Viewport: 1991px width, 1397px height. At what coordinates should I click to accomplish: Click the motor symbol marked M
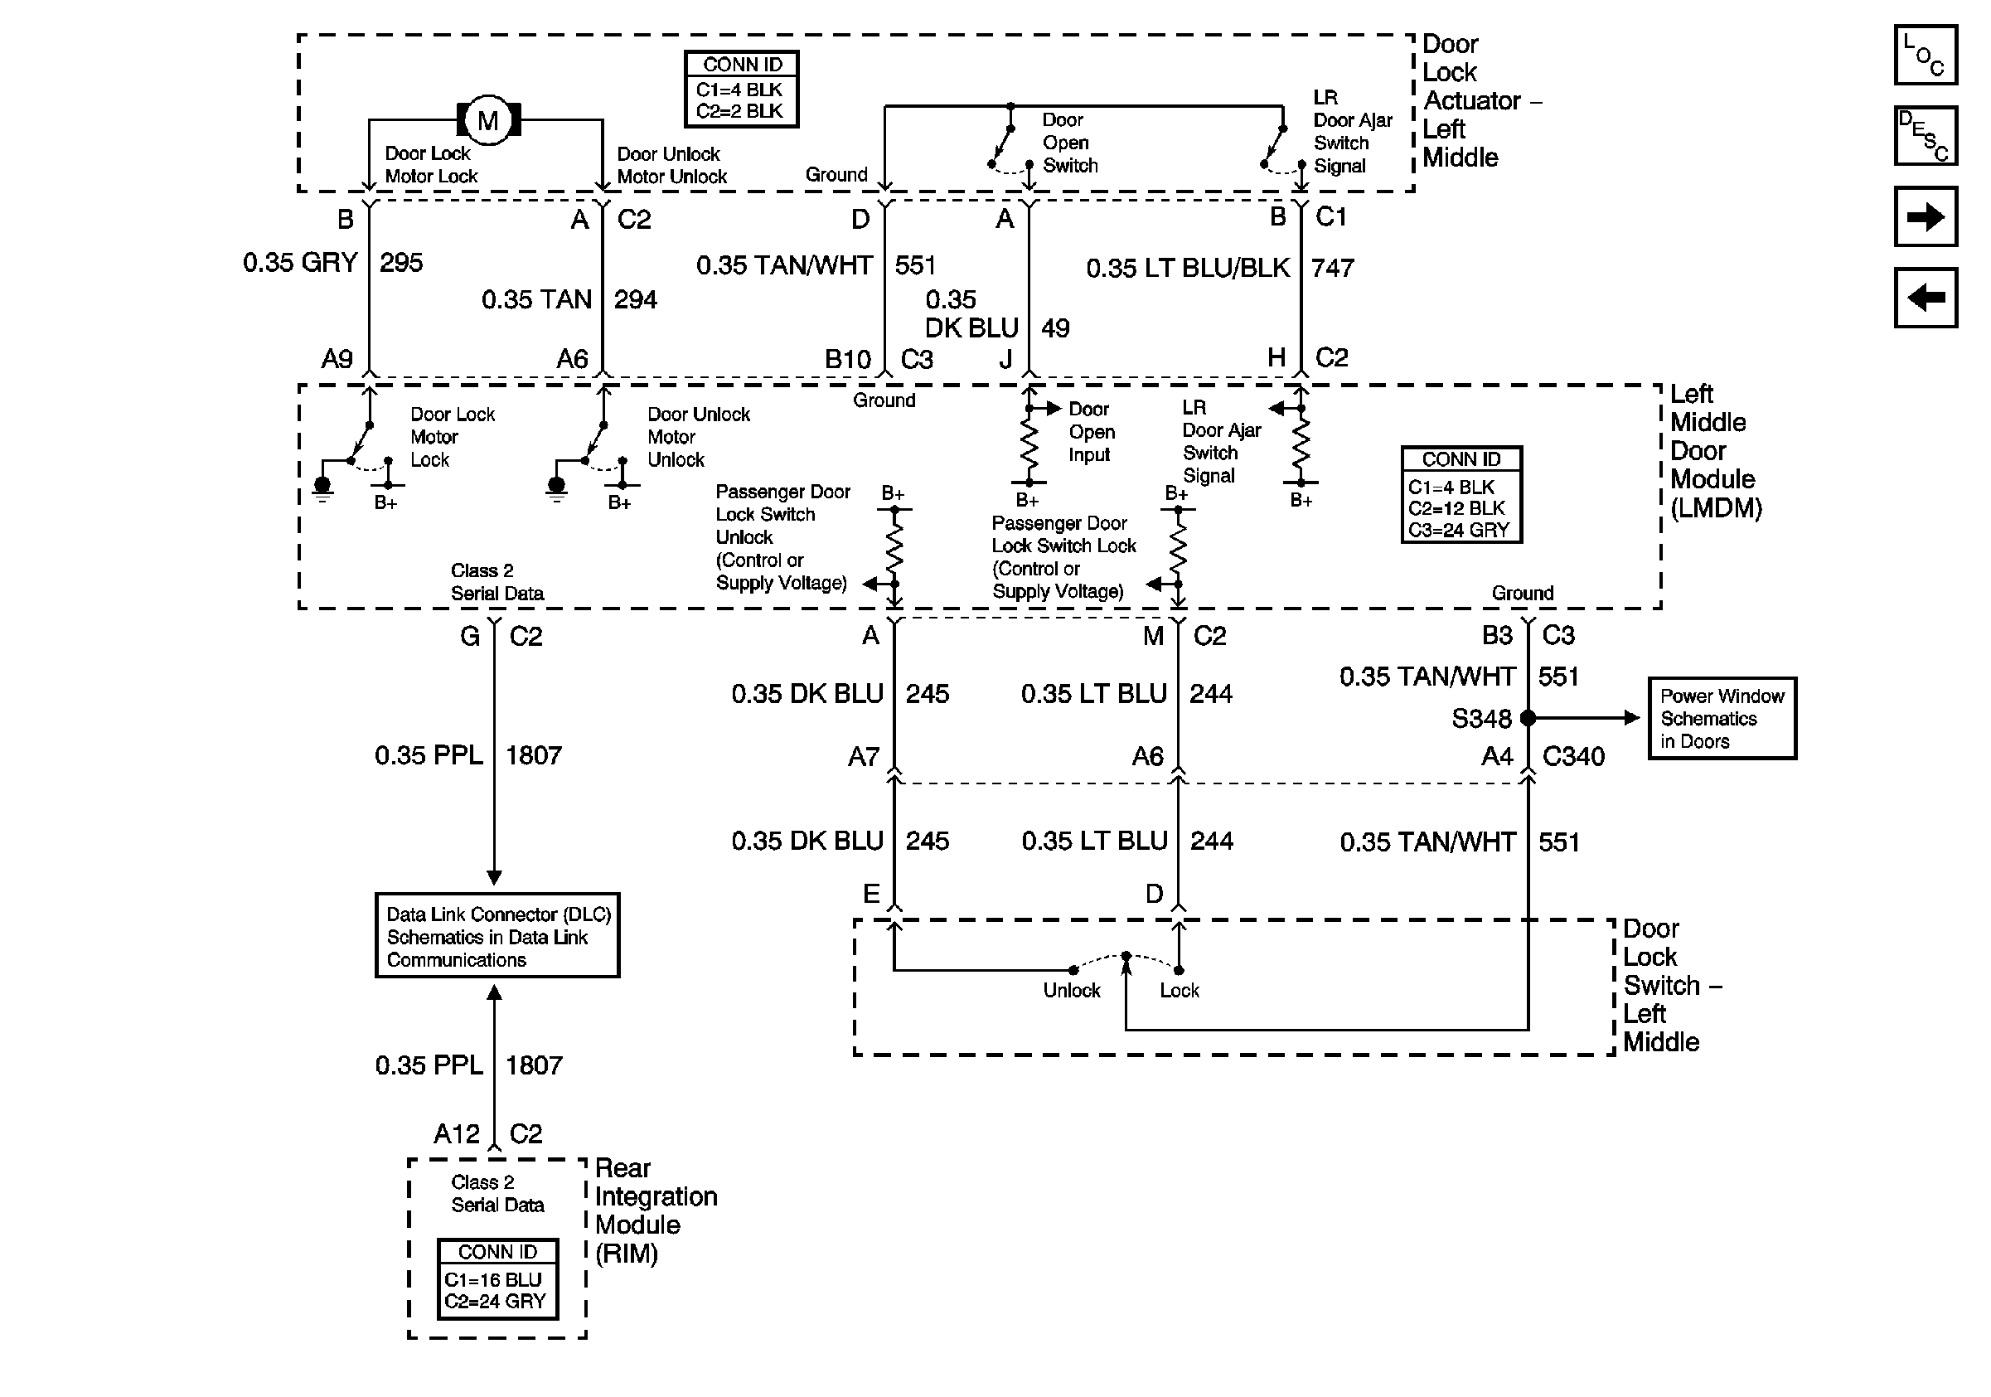[488, 119]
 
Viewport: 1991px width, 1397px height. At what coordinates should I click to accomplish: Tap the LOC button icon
[1926, 55]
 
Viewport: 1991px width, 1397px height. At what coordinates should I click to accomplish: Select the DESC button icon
[1926, 135]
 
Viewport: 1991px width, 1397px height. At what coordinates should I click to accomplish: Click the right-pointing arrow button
[1926, 216]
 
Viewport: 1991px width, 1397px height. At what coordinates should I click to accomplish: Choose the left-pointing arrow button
[1926, 298]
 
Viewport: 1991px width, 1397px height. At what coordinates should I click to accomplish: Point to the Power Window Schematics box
[1722, 718]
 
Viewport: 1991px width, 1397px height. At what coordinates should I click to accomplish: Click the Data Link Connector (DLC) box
[497, 936]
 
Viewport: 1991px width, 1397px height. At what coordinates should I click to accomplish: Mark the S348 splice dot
[1528, 718]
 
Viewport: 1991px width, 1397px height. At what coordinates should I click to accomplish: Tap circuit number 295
[401, 262]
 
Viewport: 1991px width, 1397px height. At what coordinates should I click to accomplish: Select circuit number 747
[1333, 268]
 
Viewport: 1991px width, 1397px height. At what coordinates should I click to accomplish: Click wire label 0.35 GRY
[300, 262]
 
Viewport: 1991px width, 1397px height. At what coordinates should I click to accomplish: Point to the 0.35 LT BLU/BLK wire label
[1188, 268]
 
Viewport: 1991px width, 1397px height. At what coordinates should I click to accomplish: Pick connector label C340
[1573, 756]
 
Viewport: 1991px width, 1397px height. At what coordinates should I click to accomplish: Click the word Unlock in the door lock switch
[1072, 990]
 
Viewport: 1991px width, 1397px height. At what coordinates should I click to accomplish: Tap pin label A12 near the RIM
[456, 1133]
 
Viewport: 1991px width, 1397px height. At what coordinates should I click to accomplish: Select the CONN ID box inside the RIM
[497, 1279]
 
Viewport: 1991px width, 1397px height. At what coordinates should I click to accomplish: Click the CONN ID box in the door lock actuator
[741, 90]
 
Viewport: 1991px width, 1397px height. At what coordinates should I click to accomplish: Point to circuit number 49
[1055, 327]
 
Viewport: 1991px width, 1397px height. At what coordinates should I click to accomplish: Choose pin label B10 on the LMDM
[847, 359]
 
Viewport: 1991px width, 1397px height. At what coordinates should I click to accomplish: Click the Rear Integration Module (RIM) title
[656, 1210]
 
